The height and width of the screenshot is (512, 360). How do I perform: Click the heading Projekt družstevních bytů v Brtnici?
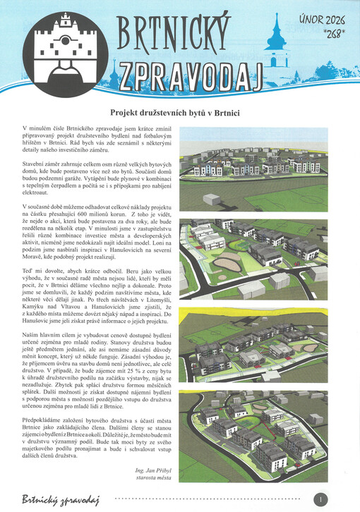180,112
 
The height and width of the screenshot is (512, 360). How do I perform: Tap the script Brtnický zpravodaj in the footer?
60,500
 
